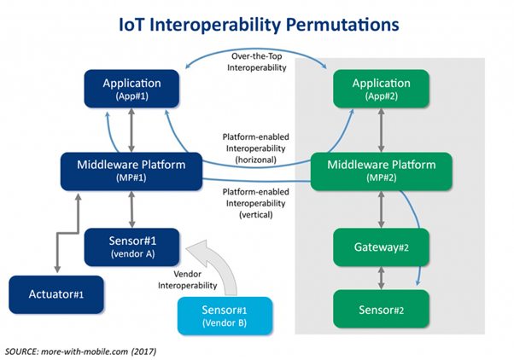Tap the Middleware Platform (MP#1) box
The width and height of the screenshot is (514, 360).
tap(131, 170)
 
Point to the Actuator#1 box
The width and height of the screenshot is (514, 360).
tap(56, 293)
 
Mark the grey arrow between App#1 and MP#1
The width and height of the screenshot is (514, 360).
tap(131, 131)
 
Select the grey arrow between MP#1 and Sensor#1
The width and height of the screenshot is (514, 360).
tap(131, 207)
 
